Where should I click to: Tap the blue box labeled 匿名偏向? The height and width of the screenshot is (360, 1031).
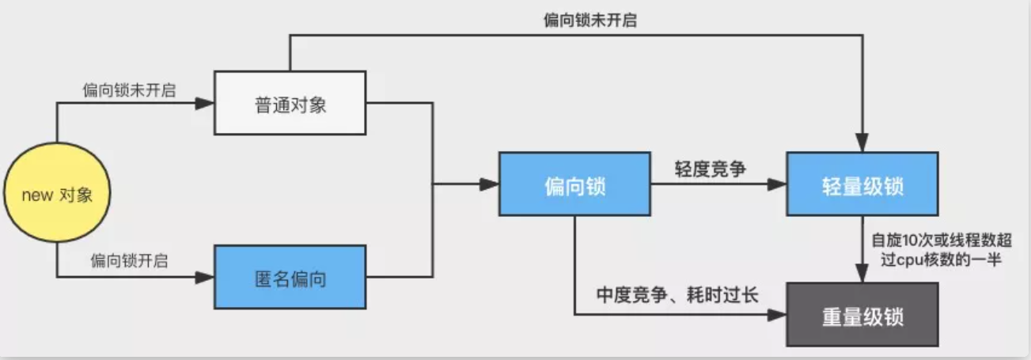pos(290,279)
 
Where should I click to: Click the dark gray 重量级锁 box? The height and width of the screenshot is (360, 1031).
pos(862,316)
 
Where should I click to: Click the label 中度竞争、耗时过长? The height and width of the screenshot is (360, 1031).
pos(677,296)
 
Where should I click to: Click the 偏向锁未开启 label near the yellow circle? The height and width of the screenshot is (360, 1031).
pos(129,89)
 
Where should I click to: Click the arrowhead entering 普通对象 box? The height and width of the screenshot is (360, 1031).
pos(206,103)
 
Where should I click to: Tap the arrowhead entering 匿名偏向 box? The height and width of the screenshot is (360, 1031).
pos(206,277)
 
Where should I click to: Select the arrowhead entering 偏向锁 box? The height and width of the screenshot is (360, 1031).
pos(490,184)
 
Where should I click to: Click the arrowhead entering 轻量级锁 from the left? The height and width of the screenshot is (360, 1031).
pos(778,184)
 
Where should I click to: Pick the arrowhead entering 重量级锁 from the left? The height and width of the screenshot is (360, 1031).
pos(778,314)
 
